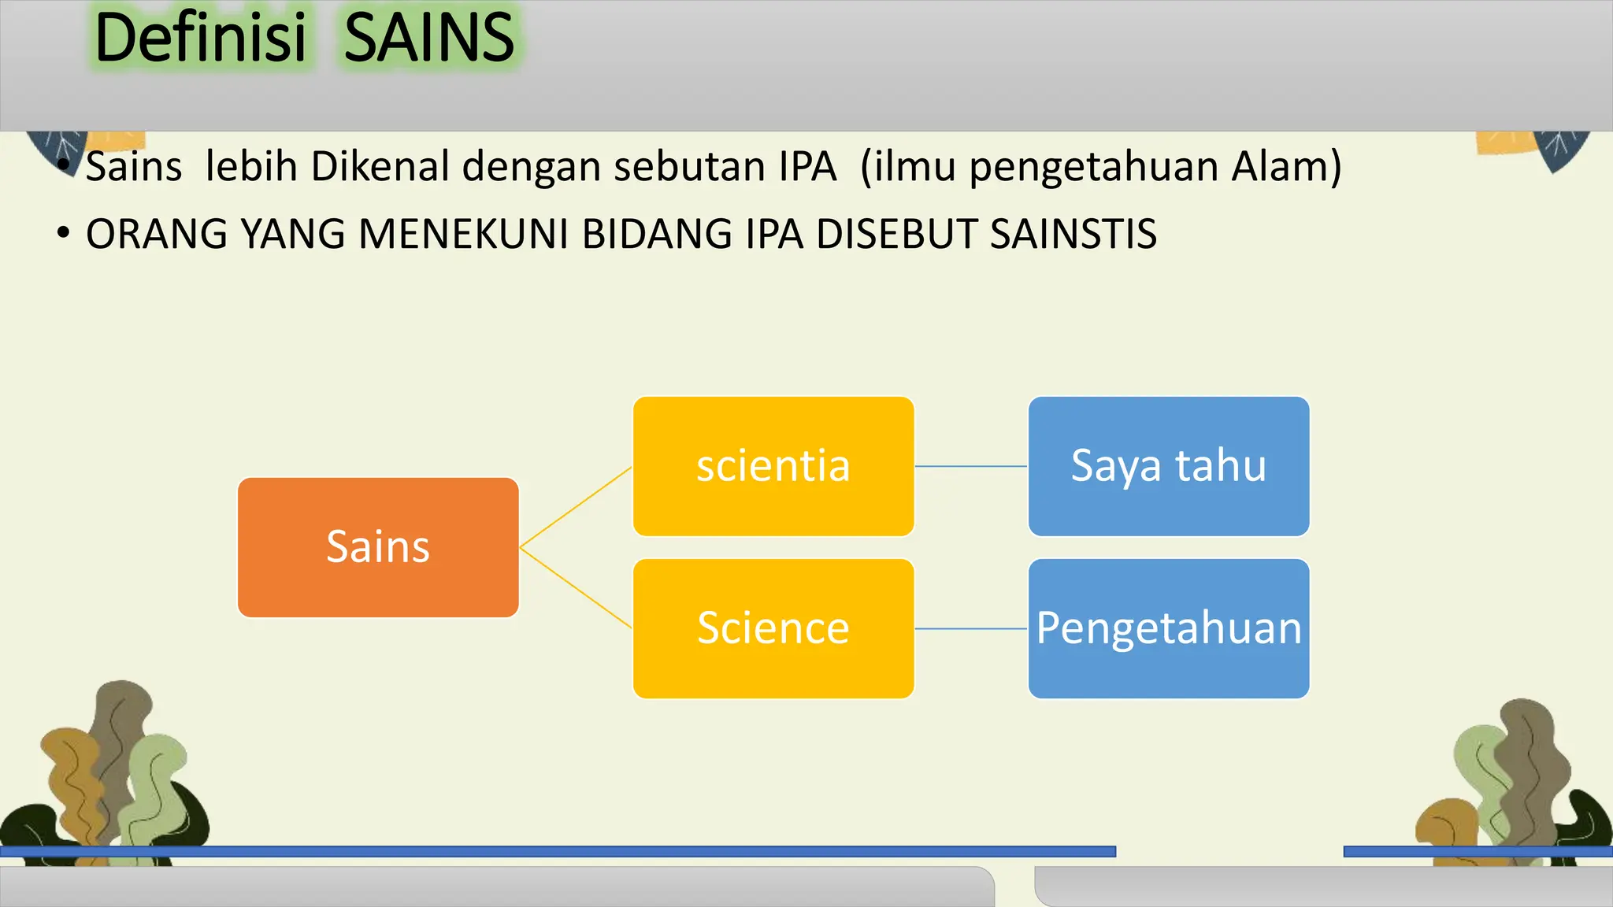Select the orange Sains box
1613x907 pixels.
click(x=378, y=547)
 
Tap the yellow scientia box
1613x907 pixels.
click(x=773, y=466)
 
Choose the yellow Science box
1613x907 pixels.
click(x=773, y=628)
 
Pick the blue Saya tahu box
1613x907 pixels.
click(x=1169, y=466)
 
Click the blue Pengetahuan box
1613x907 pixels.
click(x=1169, y=628)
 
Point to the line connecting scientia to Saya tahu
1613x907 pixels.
click(x=971, y=466)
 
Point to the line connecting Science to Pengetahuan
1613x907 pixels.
click(x=971, y=628)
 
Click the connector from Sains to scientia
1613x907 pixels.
click(x=576, y=507)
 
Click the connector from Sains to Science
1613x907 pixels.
click(x=576, y=587)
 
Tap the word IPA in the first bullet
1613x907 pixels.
click(x=807, y=167)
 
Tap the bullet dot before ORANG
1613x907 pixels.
click(x=64, y=233)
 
